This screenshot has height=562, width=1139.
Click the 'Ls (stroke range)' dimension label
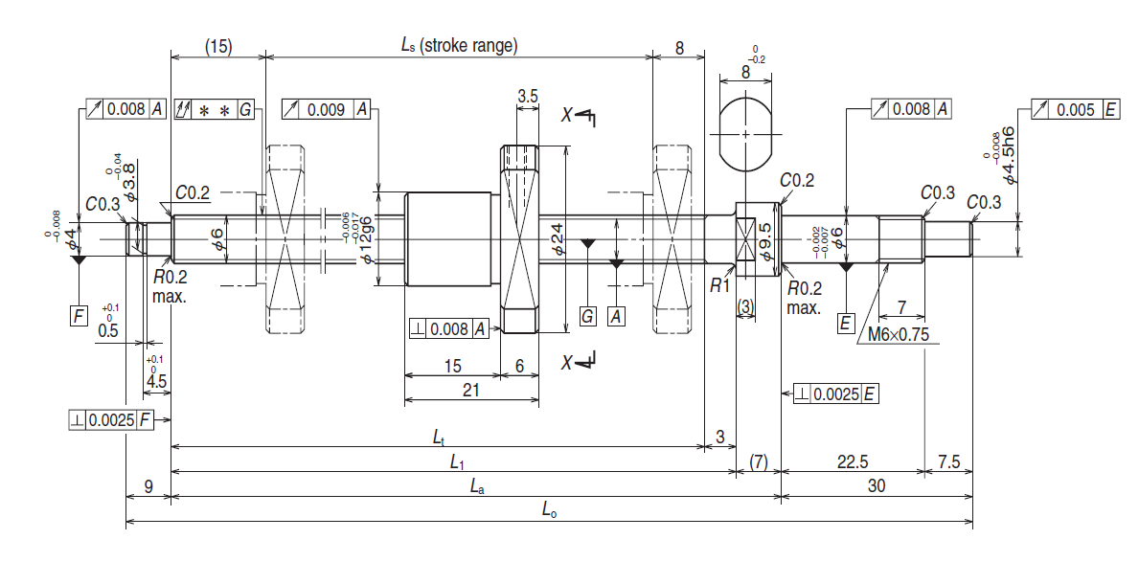pyautogui.click(x=458, y=45)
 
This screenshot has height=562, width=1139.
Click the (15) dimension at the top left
pyautogui.click(x=218, y=46)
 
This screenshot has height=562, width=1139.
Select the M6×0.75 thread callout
pyautogui.click(x=898, y=335)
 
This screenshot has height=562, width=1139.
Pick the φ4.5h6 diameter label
pyautogui.click(x=1008, y=159)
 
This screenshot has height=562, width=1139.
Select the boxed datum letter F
pyautogui.click(x=79, y=314)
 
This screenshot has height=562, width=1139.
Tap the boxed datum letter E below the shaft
pyautogui.click(x=845, y=323)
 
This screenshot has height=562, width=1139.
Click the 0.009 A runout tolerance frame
pyautogui.click(x=326, y=109)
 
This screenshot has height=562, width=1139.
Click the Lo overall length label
pyautogui.click(x=549, y=512)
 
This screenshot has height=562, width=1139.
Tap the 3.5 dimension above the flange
pyautogui.click(x=528, y=96)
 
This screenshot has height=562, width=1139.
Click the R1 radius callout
pyautogui.click(x=720, y=285)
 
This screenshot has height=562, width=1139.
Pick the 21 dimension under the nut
pyautogui.click(x=470, y=390)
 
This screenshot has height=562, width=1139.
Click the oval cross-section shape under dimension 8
pyautogui.click(x=746, y=131)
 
